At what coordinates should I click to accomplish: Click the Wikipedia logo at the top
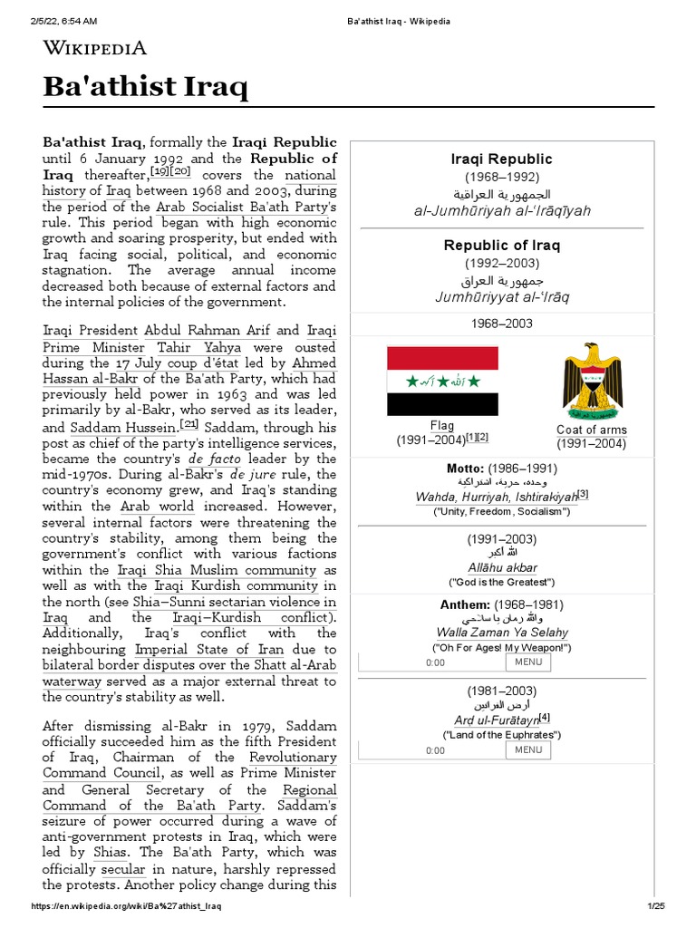coord(94,48)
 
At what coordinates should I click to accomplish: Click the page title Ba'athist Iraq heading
coord(145,88)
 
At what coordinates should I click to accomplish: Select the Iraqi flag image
coord(441,380)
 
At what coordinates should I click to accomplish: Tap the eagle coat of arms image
coord(592,381)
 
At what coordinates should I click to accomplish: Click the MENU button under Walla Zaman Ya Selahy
coord(527,662)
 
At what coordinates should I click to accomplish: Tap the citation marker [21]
coord(189,423)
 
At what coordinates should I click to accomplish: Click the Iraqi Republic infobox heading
coord(501,159)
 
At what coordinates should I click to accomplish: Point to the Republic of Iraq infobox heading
coord(501,246)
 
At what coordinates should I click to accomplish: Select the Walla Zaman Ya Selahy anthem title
coord(501,633)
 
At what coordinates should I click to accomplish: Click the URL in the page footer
coord(127,906)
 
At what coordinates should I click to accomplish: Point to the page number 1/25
coord(655,906)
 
